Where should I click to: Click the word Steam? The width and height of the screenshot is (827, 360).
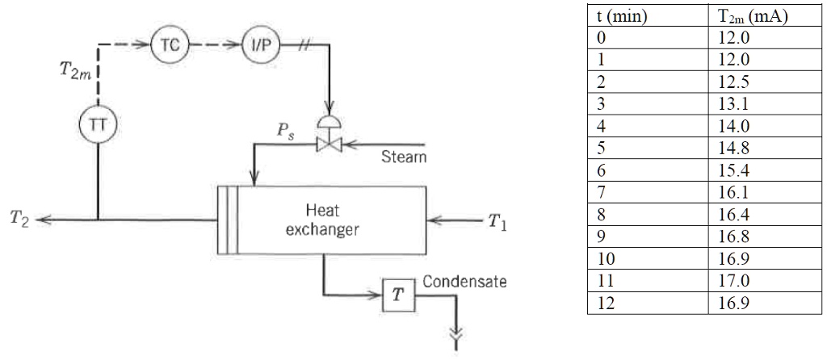click(x=405, y=157)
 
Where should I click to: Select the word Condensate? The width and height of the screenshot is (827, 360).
click(x=464, y=282)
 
